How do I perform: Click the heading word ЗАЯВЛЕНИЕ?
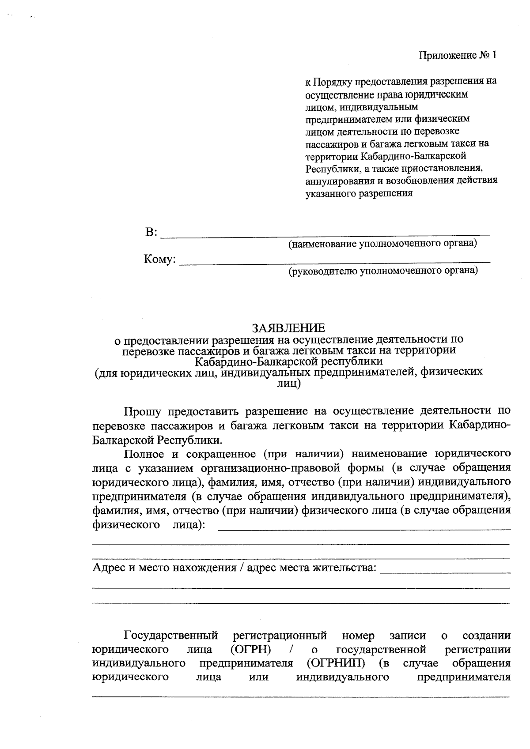(288, 328)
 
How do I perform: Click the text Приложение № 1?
(458, 56)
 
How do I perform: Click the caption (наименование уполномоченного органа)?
(382, 244)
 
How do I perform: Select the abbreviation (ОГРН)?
(251, 649)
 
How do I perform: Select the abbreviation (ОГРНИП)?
(336, 663)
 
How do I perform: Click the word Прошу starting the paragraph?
(142, 411)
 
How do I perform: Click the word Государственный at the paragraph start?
(171, 636)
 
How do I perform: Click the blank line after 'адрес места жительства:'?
(445, 572)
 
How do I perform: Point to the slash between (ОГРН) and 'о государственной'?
(291, 649)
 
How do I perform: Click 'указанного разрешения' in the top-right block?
(359, 193)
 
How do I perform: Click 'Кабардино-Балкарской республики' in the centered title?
(289, 361)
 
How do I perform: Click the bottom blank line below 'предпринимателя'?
(300, 696)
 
